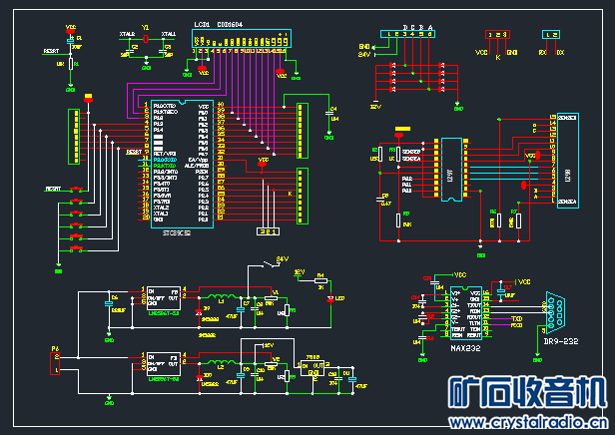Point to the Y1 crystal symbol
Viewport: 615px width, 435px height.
(146, 40)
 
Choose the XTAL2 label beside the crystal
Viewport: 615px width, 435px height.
(127, 34)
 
